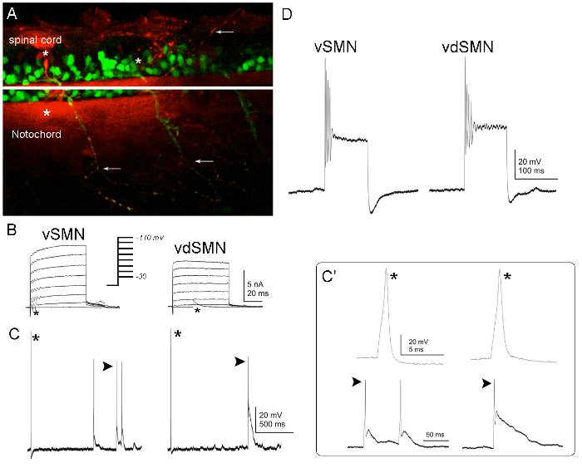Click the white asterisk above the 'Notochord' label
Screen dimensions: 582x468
[47, 113]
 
